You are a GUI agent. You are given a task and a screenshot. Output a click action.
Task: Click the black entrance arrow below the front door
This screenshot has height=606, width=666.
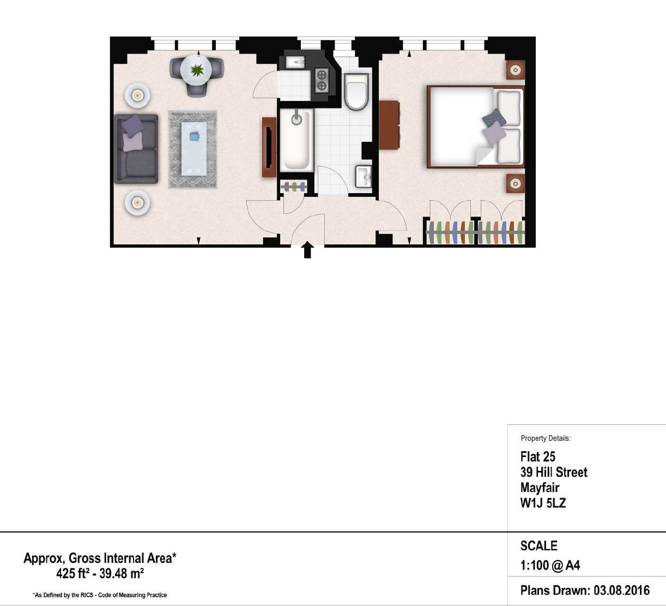(x=307, y=250)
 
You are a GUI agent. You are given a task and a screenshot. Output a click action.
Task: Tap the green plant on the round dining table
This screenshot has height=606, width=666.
(x=197, y=70)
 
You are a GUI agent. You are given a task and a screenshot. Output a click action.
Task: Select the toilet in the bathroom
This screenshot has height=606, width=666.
(x=356, y=92)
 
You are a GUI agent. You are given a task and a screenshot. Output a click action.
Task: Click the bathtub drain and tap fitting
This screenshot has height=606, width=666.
(x=296, y=118)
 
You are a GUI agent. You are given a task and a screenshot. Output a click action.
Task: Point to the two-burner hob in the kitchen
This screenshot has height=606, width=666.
(x=322, y=81)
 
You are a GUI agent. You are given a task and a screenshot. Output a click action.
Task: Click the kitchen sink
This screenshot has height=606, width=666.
(x=295, y=63)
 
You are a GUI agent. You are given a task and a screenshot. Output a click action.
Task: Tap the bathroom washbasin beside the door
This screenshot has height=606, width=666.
(x=364, y=176)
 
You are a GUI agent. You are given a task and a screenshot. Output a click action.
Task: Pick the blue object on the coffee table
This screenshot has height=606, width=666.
(x=194, y=136)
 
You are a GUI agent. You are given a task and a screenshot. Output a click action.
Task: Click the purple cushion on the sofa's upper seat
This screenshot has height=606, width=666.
(x=133, y=125)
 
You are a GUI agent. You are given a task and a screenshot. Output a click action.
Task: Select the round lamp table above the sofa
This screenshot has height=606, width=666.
(x=137, y=96)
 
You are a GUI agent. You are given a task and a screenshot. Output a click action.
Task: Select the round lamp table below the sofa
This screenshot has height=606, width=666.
(x=137, y=202)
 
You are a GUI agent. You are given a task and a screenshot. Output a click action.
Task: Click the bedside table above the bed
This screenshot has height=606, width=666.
(x=515, y=70)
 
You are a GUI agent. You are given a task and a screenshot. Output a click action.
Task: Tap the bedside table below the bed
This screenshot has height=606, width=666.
(x=515, y=183)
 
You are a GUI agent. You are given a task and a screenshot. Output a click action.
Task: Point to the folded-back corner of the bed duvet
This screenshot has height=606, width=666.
(x=484, y=155)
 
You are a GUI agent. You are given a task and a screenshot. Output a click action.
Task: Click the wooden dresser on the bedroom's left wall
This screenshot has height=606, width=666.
(x=389, y=125)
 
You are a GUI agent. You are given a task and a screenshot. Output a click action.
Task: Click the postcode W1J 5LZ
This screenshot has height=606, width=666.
(x=543, y=503)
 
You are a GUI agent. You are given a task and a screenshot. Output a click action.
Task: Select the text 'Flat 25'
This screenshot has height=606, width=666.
(x=538, y=457)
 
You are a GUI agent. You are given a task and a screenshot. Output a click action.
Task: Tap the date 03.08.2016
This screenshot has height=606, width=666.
(x=622, y=590)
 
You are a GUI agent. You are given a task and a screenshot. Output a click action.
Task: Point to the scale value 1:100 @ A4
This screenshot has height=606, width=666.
(x=550, y=565)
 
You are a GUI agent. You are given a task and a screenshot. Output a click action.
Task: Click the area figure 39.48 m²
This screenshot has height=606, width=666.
(x=122, y=573)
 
